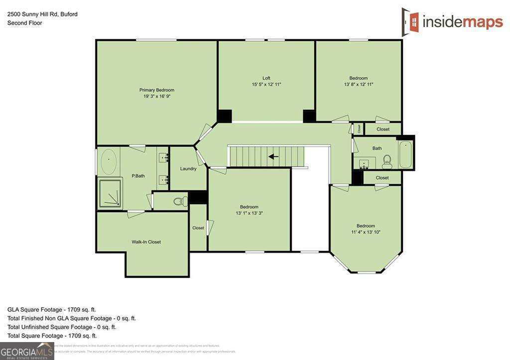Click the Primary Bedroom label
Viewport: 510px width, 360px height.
coord(156,90)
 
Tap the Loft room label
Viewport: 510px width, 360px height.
coord(266,78)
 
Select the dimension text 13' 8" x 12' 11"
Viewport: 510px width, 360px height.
coord(358,85)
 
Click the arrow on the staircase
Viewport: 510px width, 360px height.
coord(273,156)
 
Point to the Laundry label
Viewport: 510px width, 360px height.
coord(188,169)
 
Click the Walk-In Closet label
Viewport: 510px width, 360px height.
coord(146,242)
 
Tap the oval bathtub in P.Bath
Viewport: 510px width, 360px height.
coord(109,161)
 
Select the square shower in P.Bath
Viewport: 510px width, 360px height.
coord(110,193)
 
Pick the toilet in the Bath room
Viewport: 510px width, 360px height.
coord(387,161)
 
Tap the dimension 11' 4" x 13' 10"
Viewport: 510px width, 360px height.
coord(366,232)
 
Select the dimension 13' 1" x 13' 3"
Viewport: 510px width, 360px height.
coord(249,213)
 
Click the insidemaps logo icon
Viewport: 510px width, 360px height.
coord(410,21)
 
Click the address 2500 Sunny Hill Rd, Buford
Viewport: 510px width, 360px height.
coord(42,14)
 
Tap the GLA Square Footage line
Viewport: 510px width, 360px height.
coord(52,309)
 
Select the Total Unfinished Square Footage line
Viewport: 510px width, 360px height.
coord(62,327)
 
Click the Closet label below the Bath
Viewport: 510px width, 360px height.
coord(382,178)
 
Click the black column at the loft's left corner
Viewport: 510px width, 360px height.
coord(225,116)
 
